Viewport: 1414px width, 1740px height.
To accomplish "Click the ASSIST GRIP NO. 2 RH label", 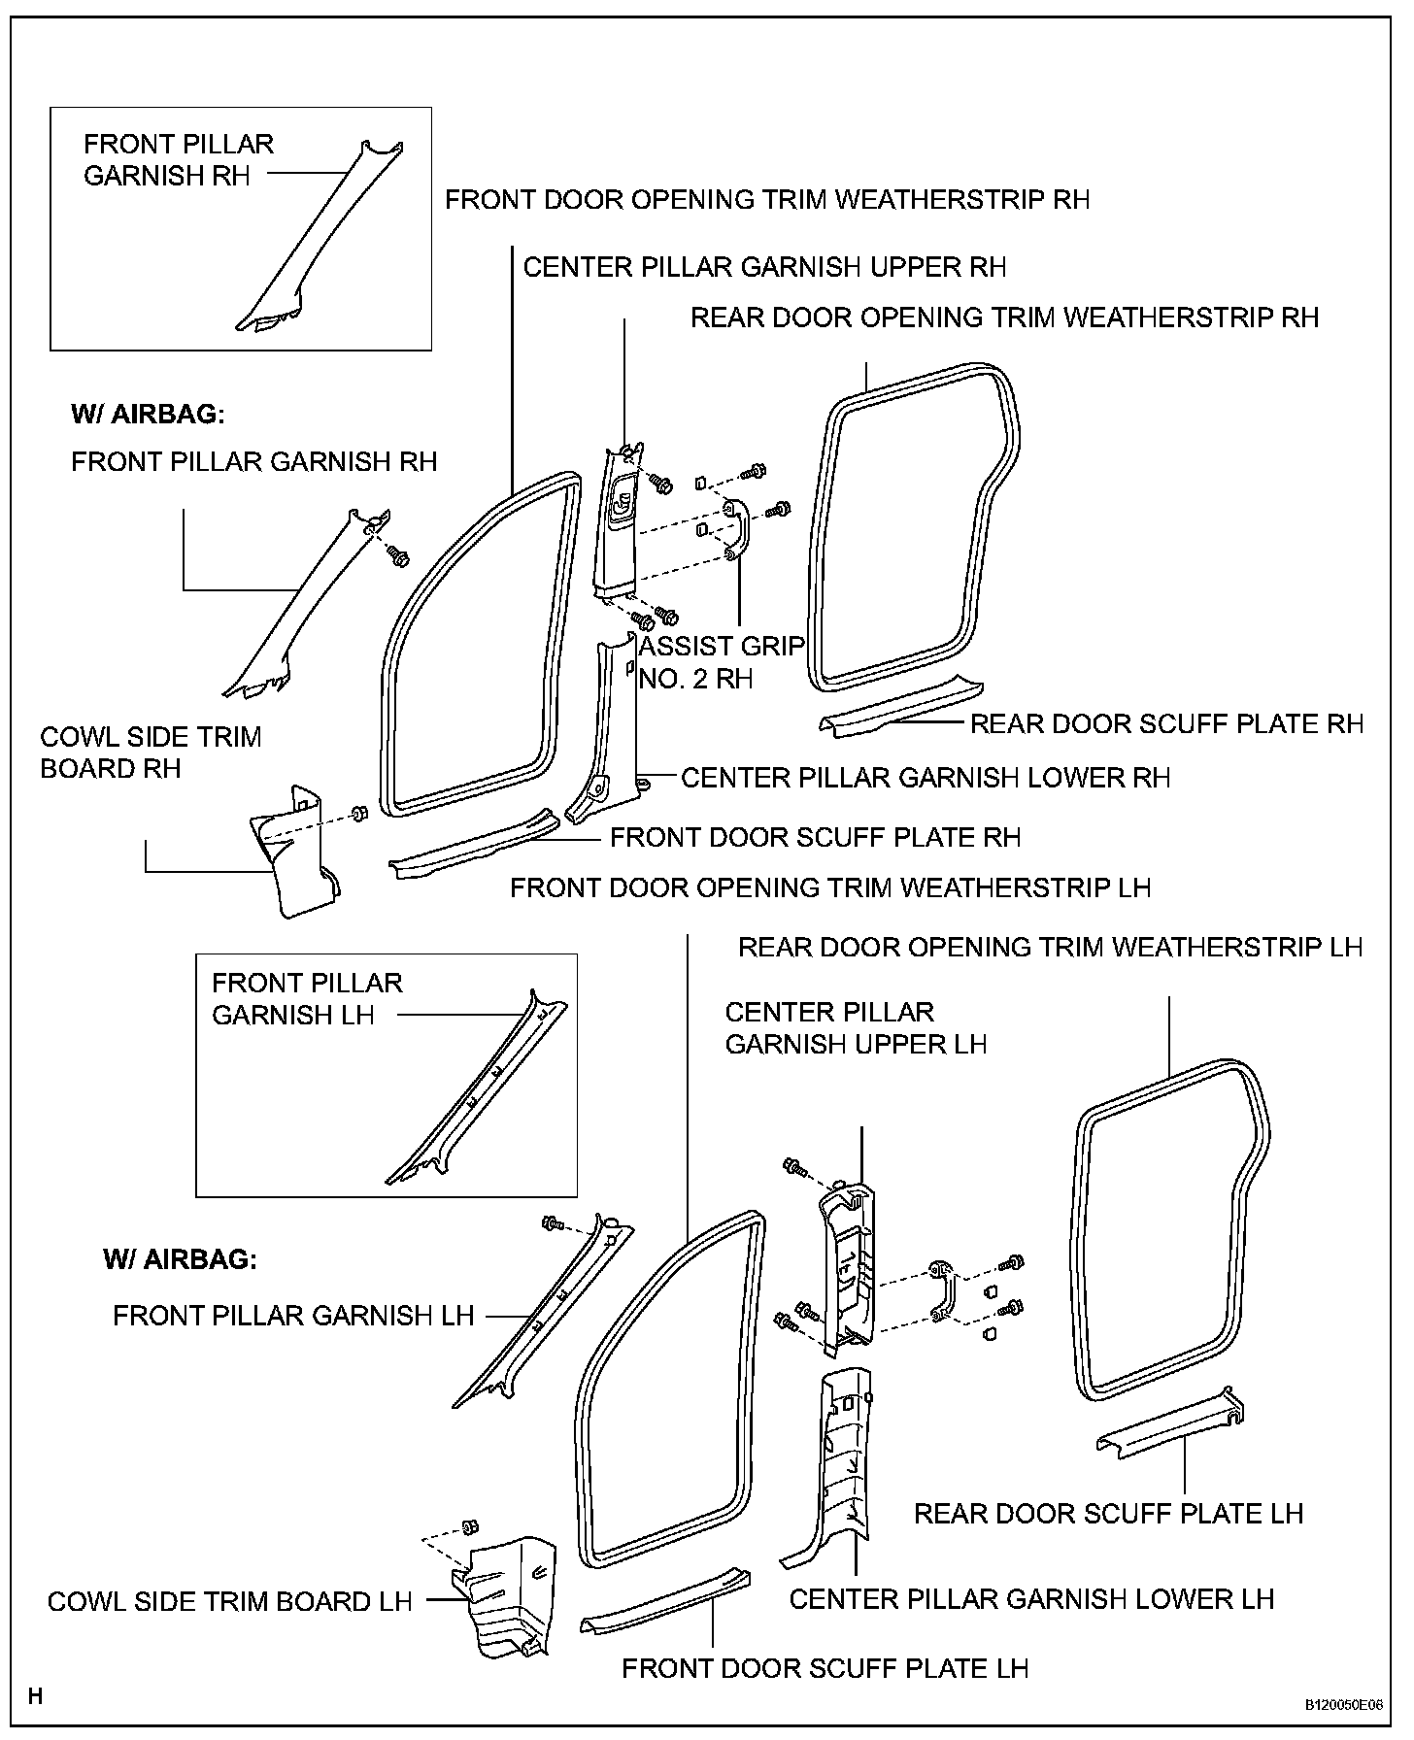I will pyautogui.click(x=722, y=661).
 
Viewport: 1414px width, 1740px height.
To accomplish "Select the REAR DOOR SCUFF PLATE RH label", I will pyautogui.click(x=1166, y=723).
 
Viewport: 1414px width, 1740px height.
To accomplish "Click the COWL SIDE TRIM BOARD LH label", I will pyautogui.click(x=229, y=1601).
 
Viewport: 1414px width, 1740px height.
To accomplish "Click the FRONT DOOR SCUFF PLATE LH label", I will pyautogui.click(x=825, y=1668).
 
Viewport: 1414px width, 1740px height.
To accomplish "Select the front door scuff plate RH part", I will pyautogui.click(x=473, y=844).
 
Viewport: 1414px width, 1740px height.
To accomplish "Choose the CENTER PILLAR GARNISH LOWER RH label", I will pyautogui.click(x=926, y=778).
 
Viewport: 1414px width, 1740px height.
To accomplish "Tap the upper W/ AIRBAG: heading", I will pyautogui.click(x=148, y=415).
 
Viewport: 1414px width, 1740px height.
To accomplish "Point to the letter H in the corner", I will pyautogui.click(x=36, y=1696).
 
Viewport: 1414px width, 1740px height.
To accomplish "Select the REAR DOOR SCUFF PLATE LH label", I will pyautogui.click(x=1108, y=1514).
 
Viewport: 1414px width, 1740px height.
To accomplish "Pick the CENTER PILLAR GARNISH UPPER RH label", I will pyautogui.click(x=764, y=267).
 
